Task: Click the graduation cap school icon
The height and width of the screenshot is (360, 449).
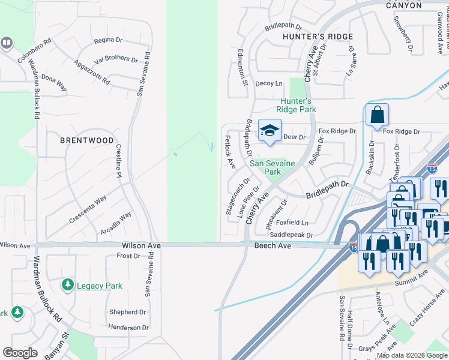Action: tap(270, 130)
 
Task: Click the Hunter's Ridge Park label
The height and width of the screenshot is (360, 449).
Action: tap(296, 105)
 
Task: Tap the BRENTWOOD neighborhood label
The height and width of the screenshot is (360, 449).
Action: tap(87, 140)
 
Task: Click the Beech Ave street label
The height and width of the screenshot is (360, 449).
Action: tap(273, 246)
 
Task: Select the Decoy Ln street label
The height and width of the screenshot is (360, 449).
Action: tap(268, 83)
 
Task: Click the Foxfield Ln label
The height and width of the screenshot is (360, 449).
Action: tap(292, 223)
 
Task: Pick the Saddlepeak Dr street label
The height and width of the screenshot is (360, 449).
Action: tap(292, 235)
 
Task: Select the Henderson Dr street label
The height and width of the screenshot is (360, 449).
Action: tap(128, 327)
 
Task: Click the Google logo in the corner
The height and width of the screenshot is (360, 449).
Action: tap(20, 353)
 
